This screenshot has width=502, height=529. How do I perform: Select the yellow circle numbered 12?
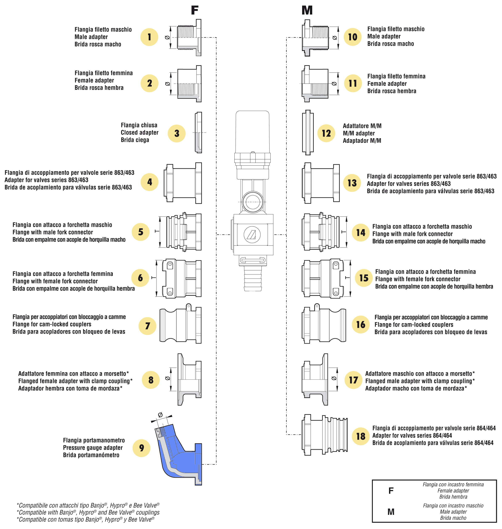coord(326,133)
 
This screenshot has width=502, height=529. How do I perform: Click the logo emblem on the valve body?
coord(252,234)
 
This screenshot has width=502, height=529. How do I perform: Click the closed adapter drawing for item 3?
coord(198,132)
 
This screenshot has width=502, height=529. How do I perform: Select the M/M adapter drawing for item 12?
coord(308,132)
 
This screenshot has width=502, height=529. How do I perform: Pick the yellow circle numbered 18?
coord(360,436)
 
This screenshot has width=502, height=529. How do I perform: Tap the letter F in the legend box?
coord(391,491)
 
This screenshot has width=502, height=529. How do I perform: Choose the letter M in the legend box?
coord(391,512)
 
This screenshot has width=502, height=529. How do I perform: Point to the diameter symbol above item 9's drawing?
coord(160,415)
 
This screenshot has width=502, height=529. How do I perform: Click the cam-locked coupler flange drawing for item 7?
coord(181,325)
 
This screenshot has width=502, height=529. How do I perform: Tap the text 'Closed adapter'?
coord(140,132)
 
